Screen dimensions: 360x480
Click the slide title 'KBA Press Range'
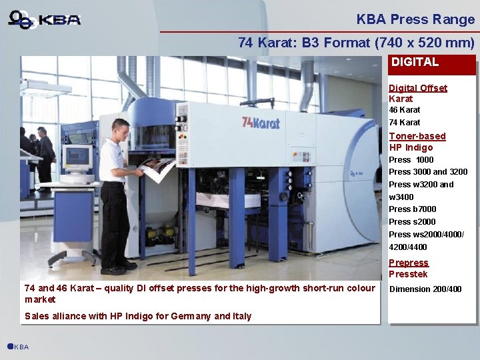pyautogui.click(x=415, y=19)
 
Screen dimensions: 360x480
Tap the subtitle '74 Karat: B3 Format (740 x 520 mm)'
pyautogui.click(x=356, y=43)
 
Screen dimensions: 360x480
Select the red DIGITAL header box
pyautogui.click(x=432, y=63)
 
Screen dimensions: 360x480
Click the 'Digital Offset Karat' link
pyautogui.click(x=417, y=93)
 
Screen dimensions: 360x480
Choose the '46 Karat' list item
pyautogui.click(x=405, y=110)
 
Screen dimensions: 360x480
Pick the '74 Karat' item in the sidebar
pyautogui.click(x=405, y=123)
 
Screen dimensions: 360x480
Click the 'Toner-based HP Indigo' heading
pyautogui.click(x=417, y=142)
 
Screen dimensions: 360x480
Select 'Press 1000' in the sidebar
pyautogui.click(x=411, y=160)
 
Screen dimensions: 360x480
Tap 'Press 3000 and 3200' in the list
pyautogui.click(x=428, y=172)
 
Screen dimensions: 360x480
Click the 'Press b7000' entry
pyautogui.click(x=412, y=209)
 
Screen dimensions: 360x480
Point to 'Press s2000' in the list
pyautogui.click(x=412, y=222)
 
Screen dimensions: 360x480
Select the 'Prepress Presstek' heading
pyautogui.click(x=409, y=269)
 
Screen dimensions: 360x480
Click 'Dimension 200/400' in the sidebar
pyautogui.click(x=425, y=289)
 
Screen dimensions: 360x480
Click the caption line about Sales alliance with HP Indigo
pyautogui.click(x=137, y=316)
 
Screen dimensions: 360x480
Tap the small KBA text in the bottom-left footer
pyautogui.click(x=21, y=347)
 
